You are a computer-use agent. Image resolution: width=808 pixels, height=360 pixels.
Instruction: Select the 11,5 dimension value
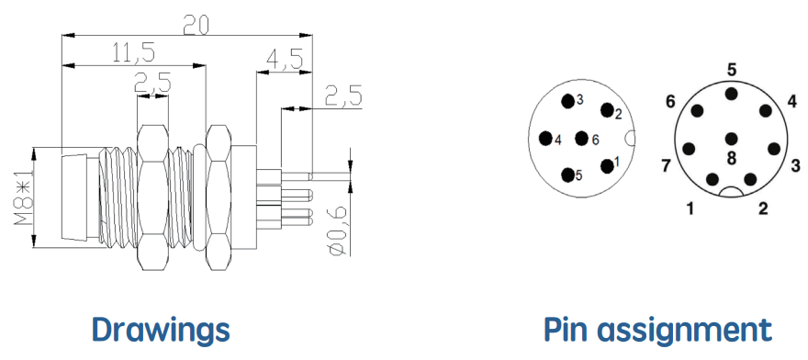pos(133,53)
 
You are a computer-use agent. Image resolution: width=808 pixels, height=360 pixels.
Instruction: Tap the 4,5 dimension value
pos(284,60)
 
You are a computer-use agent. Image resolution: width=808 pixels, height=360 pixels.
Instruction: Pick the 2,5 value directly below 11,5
pos(152,83)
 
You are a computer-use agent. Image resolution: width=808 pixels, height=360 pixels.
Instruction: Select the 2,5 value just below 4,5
pos(343,96)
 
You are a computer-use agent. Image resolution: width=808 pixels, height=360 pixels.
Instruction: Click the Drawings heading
pos(161,329)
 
